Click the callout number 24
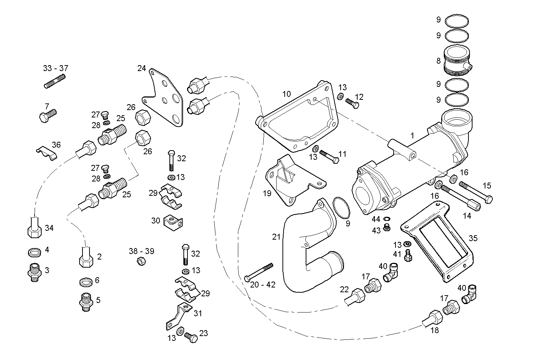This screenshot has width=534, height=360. [x=142, y=68]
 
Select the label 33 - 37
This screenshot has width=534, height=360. [x=56, y=68]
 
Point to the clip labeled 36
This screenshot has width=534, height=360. [x=47, y=152]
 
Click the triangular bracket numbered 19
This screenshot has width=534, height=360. [x=291, y=180]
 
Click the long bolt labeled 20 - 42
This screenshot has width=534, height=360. [x=259, y=272]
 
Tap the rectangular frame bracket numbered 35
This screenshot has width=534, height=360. [x=438, y=243]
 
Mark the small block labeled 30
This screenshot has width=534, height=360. [x=173, y=220]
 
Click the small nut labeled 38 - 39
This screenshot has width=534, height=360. [x=140, y=261]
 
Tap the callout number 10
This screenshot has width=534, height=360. [x=286, y=94]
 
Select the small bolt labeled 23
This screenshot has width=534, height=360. [x=191, y=336]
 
